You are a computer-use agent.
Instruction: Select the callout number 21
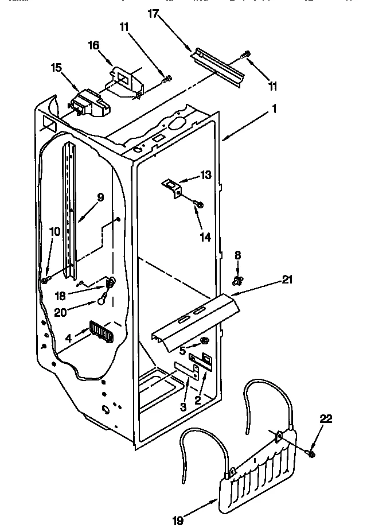[x=287, y=279]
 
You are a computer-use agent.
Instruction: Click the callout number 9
[x=100, y=196]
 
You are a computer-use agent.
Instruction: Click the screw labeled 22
[x=311, y=453]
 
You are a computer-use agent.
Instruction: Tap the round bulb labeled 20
[x=101, y=298]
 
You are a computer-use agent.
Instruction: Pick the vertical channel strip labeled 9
[x=71, y=212]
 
